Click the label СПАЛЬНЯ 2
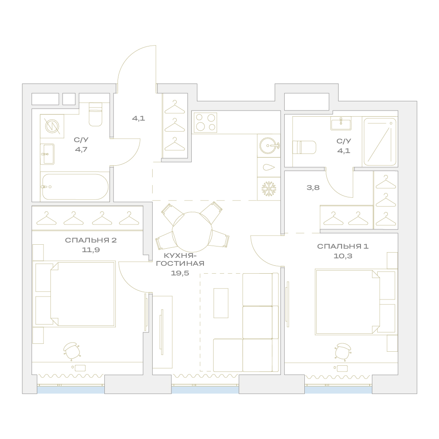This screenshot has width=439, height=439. tap(91, 240)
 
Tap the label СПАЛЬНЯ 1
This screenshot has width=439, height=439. tap(343, 246)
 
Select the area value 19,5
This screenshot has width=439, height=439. tap(180, 273)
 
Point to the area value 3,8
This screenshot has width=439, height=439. tap(313, 188)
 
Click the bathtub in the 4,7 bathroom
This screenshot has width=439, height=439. tap(75, 187)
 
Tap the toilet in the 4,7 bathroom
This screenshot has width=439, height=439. tap(96, 114)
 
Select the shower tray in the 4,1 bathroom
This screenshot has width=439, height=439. tap(380, 142)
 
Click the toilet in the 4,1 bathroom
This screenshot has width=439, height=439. tap(304, 147)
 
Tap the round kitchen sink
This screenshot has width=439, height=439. tap(268, 146)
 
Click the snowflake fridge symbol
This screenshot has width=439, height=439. tap(268, 189)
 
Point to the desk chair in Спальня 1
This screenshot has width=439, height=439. tap(343, 351)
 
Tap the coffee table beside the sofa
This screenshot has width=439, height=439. tap(221, 303)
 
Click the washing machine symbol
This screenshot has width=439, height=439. tap(52, 126)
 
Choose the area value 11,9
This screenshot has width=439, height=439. tap(91, 250)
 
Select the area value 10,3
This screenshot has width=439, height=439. tap(343, 256)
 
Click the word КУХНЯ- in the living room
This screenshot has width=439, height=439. tap(180, 255)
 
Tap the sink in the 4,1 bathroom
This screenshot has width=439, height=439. tap(341, 123)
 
